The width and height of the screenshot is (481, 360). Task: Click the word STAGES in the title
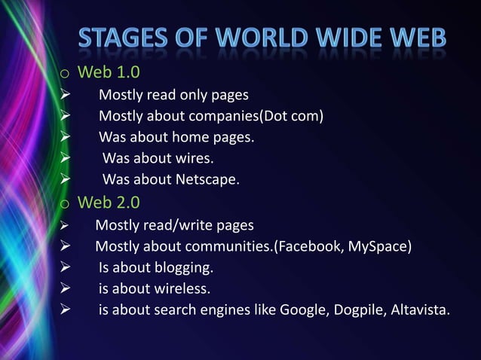pyautogui.click(x=125, y=38)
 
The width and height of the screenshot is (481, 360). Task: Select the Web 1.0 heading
pyautogui.click(x=109, y=73)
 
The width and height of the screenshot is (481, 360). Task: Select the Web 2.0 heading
pyautogui.click(x=109, y=203)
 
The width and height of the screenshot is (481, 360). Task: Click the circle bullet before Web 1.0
pyautogui.click(x=66, y=75)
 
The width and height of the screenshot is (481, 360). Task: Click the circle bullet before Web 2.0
pyautogui.click(x=66, y=204)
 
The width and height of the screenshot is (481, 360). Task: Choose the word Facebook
pyautogui.click(x=310, y=246)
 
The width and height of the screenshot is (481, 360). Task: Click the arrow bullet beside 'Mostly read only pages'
pyautogui.click(x=66, y=96)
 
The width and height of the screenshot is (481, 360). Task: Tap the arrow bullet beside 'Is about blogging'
pyautogui.click(x=66, y=267)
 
